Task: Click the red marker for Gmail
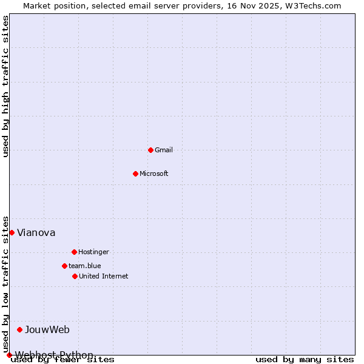coord(150,150)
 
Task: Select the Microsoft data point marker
coord(135,174)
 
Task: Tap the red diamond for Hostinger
coord(74,252)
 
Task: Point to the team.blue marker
coord(64,266)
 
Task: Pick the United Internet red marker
coord(75,276)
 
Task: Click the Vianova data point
coord(12,232)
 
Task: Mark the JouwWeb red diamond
coord(19,329)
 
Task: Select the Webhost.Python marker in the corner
coord(9,355)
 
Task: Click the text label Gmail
coord(164,150)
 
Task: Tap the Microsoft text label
coord(153,174)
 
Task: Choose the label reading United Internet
coord(103,276)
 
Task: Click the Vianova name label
coord(36,232)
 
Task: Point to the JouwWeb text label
coord(47,329)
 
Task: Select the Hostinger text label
coord(93,252)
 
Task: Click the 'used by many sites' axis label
coord(305,359)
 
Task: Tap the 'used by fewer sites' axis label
coord(63,359)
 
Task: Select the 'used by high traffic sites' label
coord(5,86)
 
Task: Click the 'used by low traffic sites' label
coord(5,284)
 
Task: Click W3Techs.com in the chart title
coord(314,5)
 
